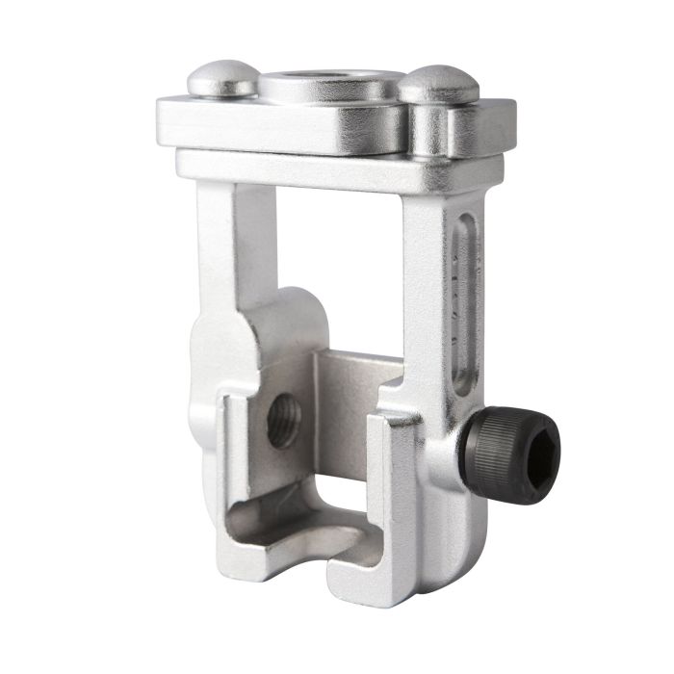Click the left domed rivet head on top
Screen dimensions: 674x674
tap(222, 79)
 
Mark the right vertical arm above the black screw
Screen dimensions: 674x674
tap(424, 289)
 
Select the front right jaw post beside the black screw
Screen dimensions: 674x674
tap(395, 481)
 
